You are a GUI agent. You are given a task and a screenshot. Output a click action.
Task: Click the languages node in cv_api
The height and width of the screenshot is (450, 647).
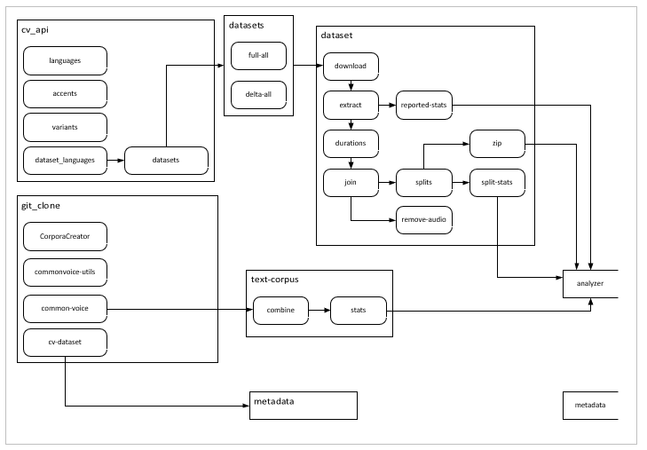point(65,60)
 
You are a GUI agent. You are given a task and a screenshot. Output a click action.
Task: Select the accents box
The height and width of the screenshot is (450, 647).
point(65,93)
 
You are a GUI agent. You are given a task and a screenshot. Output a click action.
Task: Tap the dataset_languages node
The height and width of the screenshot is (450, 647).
point(65,160)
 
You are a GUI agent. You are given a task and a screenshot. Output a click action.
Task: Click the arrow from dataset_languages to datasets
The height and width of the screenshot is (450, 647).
point(115,160)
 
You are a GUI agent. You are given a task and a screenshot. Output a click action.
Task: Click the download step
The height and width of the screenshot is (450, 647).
point(351,66)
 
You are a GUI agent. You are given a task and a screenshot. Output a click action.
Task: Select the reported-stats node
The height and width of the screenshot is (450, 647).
point(424,105)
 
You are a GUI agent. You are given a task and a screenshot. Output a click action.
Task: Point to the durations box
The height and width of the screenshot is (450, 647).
point(351,143)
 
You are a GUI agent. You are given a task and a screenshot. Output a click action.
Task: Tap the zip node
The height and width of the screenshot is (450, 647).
point(497,143)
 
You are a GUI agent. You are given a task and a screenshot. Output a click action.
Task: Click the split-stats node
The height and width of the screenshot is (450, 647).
point(497,182)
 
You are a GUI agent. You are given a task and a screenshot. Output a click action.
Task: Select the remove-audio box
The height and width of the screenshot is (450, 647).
point(424,219)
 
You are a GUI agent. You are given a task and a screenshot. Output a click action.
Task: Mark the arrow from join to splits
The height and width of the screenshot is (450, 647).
point(387,182)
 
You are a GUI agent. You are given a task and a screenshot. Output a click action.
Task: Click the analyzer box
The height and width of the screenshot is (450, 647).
point(588,283)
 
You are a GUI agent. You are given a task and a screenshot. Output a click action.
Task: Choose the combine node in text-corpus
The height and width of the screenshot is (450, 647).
point(281,311)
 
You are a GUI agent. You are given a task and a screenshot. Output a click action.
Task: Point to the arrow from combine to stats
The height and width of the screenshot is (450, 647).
point(320,311)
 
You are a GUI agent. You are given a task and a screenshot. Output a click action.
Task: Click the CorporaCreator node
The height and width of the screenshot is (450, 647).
point(65,237)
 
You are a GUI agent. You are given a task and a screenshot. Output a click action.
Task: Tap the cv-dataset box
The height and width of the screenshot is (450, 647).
point(65,342)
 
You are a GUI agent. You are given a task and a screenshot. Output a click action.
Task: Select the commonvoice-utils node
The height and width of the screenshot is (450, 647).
point(65,272)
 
